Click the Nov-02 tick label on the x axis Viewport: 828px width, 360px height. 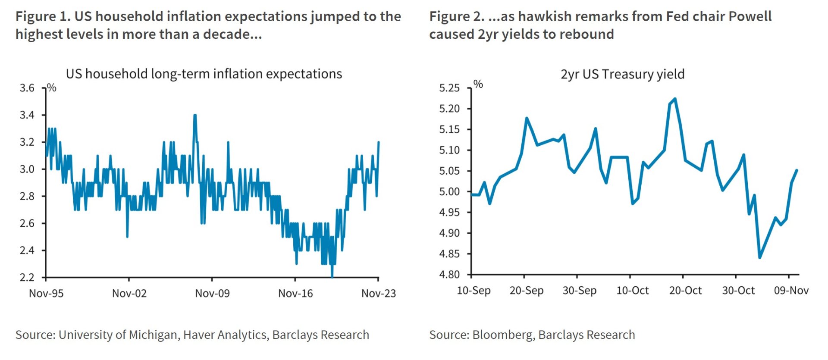click(x=129, y=294)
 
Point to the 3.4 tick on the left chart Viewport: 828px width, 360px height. click(x=27, y=115)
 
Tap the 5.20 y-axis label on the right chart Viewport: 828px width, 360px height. click(x=449, y=109)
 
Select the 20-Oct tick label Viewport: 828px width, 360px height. click(x=685, y=291)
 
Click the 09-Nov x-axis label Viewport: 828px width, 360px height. click(x=791, y=291)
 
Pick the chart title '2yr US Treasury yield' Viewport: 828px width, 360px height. click(x=622, y=74)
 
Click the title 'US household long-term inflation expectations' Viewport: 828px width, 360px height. click(x=204, y=74)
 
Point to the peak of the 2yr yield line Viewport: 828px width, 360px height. click(x=674, y=99)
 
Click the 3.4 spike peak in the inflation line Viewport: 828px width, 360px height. click(x=195, y=115)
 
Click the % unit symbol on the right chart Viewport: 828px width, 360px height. click(x=478, y=84)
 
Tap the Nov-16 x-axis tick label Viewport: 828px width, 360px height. click(x=295, y=294)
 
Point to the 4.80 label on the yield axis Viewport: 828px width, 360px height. click(x=449, y=275)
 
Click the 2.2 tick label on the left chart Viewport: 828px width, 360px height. click(x=27, y=277)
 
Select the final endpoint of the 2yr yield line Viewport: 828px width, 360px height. click(x=797, y=170)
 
